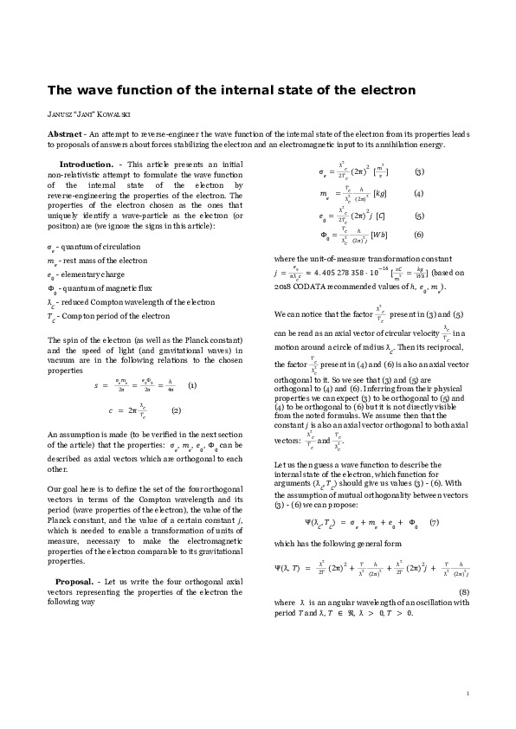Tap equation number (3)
tap(419, 171)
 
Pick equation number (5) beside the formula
tap(419, 216)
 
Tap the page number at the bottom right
tap(468, 693)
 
